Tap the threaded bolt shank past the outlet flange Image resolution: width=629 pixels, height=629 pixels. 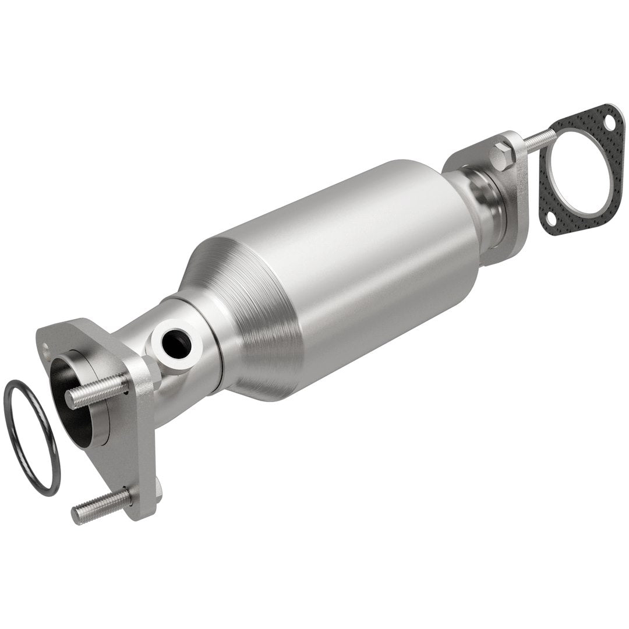(539, 139)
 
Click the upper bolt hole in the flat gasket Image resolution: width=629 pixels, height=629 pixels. (608, 124)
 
